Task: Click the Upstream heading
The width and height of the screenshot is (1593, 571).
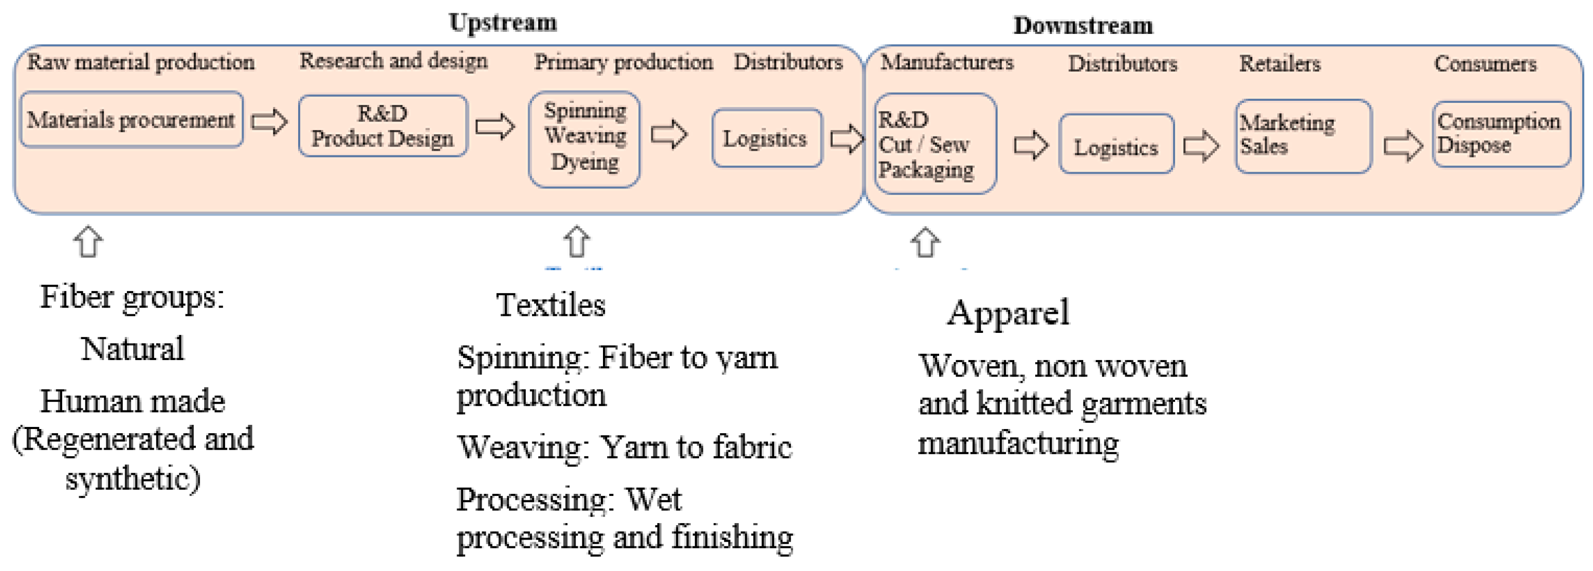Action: [x=502, y=22]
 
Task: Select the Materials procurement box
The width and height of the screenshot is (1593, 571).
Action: [x=131, y=119]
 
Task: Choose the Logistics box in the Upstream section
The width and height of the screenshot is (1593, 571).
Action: [x=766, y=138]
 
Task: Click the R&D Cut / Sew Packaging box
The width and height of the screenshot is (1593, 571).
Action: [x=935, y=144]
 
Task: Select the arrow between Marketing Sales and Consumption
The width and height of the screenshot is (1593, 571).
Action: [x=1402, y=146]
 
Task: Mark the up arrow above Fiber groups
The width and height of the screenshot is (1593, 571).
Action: [x=88, y=241]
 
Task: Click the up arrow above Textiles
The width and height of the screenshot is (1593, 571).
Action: [x=576, y=241]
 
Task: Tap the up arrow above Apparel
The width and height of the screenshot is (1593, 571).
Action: [x=925, y=242]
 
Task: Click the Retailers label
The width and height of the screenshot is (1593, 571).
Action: [x=1279, y=64]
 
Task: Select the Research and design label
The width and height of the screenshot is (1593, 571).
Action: [x=393, y=61]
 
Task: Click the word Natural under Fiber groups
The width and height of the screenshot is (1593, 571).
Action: [x=132, y=349]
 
